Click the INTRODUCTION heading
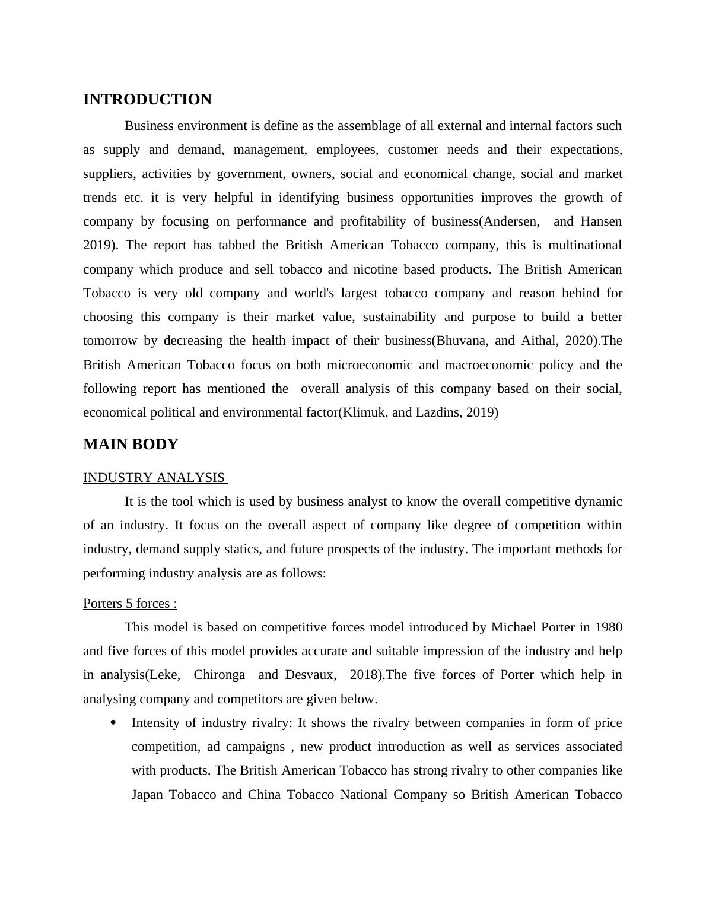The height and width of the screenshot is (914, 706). pos(147,100)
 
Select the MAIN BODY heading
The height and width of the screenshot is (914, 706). pos(131,445)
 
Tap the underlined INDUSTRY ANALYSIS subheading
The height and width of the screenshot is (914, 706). pos(154,478)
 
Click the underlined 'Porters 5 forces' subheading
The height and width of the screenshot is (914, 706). pos(130,604)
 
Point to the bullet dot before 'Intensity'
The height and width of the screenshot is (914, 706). pos(113,723)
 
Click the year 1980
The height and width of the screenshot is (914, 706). pos(608,627)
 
